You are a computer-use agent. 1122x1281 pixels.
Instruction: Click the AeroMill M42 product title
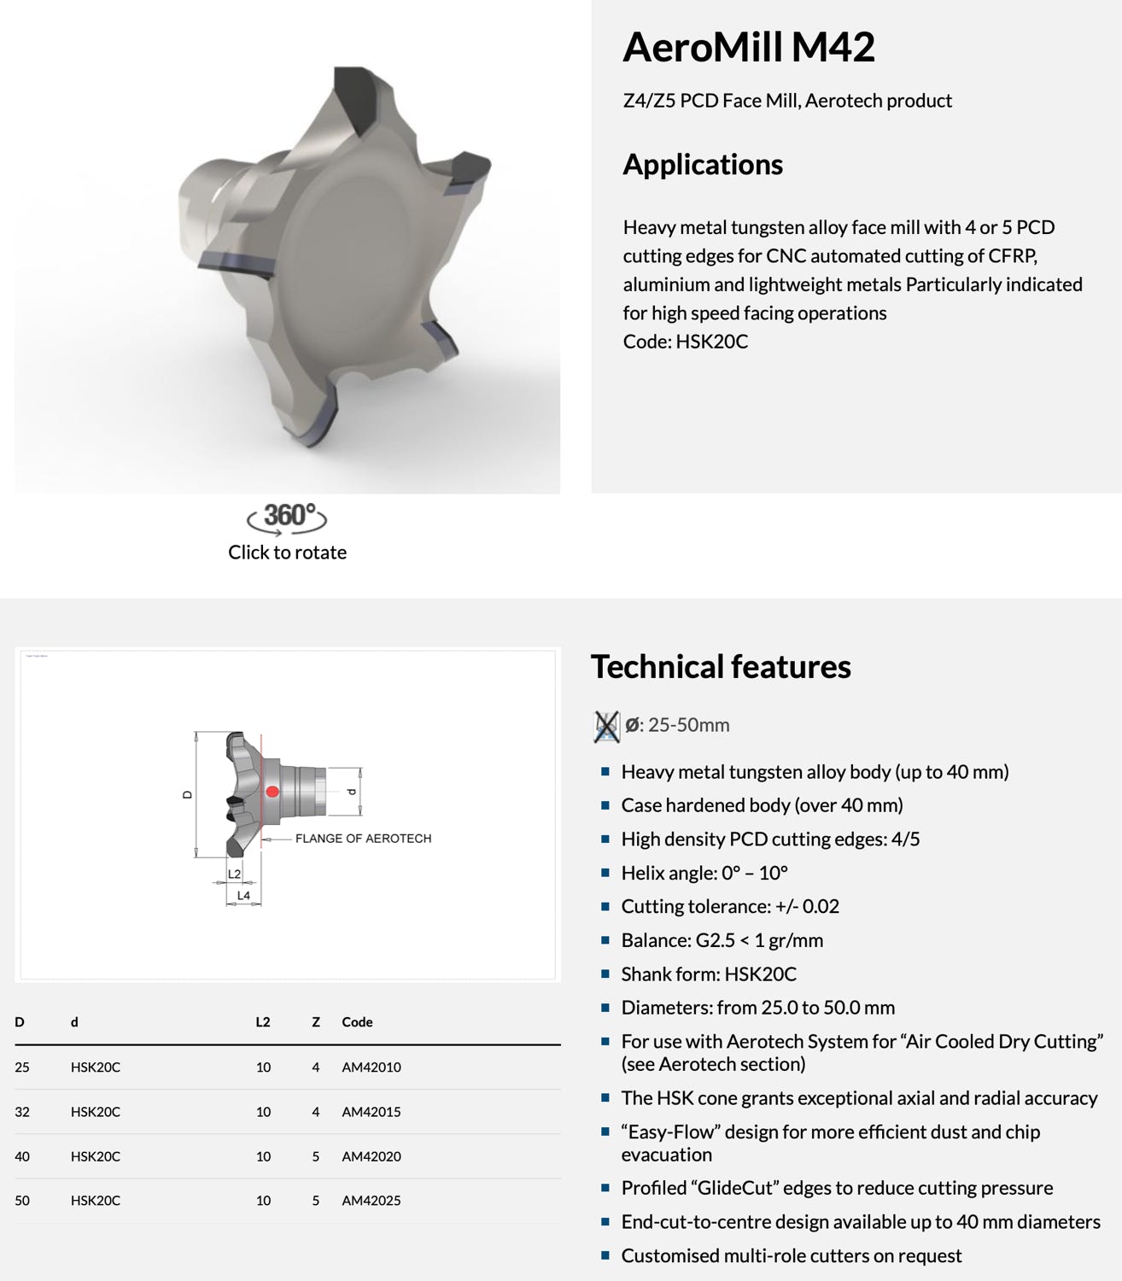point(748,47)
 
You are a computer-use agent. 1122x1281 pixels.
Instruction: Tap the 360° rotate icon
point(287,517)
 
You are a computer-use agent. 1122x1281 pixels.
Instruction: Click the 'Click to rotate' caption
point(287,553)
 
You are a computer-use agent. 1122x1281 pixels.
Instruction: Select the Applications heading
point(702,164)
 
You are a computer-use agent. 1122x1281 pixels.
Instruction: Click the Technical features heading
point(720,667)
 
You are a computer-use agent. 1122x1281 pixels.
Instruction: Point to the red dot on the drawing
point(272,792)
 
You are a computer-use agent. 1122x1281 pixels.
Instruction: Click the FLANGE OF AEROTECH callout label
point(363,839)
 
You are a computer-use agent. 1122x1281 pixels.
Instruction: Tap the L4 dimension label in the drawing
point(243,896)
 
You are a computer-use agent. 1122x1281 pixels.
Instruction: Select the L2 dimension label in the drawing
point(235,874)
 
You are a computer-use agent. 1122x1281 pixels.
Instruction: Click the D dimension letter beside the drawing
point(188,794)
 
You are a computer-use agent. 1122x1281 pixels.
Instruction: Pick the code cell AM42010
point(371,1067)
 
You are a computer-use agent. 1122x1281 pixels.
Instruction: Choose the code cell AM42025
point(371,1201)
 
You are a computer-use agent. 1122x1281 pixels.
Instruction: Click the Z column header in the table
point(316,1022)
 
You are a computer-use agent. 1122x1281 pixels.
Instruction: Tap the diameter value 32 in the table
point(21,1112)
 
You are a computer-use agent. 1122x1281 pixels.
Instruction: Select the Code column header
point(357,1022)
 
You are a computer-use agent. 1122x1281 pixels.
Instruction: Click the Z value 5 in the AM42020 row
point(316,1156)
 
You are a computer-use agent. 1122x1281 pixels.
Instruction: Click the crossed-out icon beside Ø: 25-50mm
point(606,726)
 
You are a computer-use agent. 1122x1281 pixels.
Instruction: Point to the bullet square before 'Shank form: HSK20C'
point(605,974)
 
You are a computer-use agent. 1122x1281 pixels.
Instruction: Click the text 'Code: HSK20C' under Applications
point(685,342)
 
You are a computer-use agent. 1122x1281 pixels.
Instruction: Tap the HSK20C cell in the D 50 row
point(96,1201)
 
